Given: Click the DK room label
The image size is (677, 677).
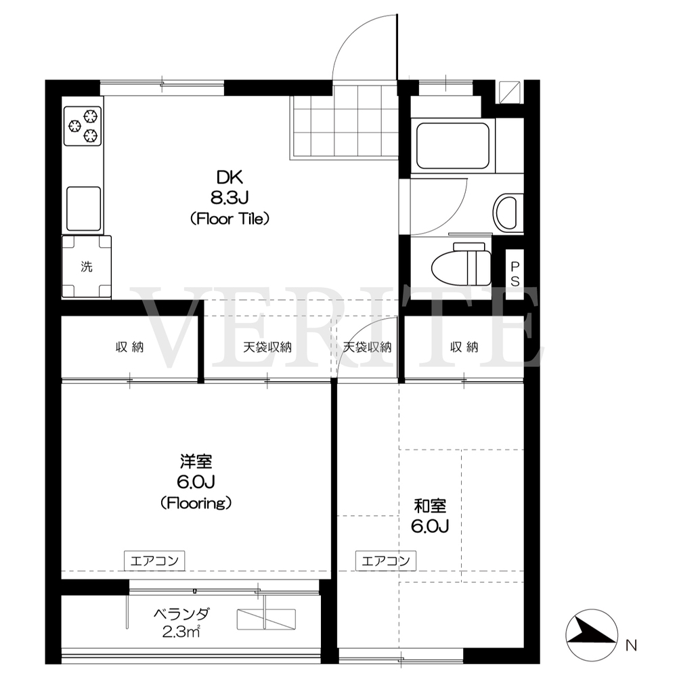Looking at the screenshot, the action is coord(230,177).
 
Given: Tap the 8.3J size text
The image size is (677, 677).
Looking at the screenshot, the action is coord(230,198).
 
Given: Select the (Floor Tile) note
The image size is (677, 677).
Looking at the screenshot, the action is coord(230,219).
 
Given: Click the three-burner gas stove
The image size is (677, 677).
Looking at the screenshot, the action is coord(83,126).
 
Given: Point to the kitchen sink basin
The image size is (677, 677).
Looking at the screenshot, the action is coord(84,209).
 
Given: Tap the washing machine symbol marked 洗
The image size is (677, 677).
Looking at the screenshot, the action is coord(87,267).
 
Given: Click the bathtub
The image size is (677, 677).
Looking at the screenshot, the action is coord(453,146).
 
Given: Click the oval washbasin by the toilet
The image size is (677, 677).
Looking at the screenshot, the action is coord(507,211).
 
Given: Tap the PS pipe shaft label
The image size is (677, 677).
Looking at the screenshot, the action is coord(515,274).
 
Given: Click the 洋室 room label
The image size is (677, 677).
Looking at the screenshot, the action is coord(196,462).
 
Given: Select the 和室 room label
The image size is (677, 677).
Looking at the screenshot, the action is coord(430,505).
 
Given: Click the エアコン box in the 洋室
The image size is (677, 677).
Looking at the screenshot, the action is coord(154,561).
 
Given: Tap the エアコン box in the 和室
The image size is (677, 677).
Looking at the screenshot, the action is coord(386,561).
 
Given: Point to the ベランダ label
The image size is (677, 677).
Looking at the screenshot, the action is coord(181,613).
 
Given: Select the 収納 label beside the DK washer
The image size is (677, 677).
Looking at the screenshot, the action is coord(129,347).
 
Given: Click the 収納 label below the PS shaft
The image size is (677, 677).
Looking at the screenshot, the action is coord(464,347).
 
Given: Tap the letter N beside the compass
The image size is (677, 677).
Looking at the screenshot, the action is coord(631,645).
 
